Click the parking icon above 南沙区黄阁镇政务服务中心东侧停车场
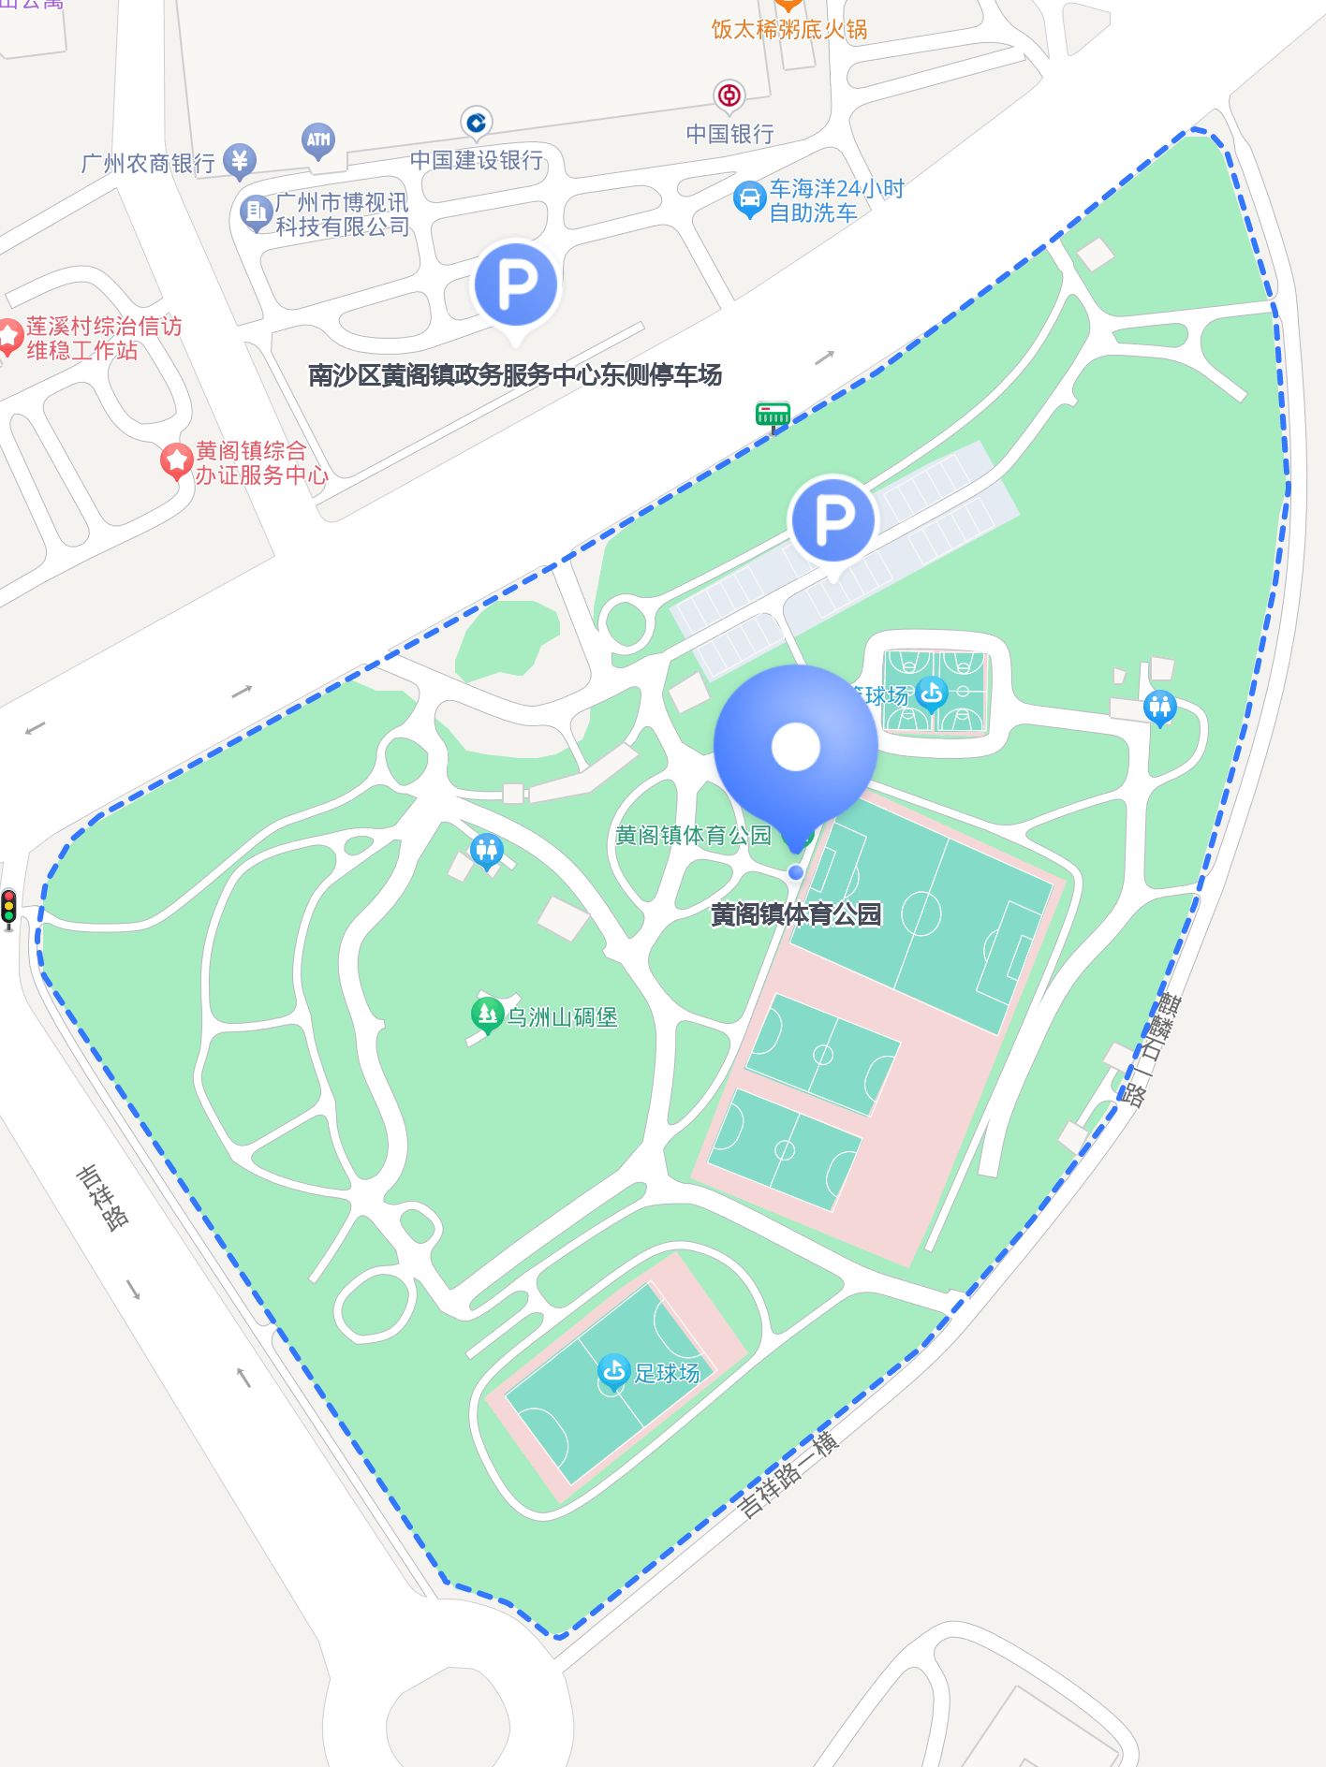point(515,285)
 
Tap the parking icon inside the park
point(832,519)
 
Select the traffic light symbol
point(9,907)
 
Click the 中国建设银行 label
point(477,160)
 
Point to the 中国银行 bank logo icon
point(729,95)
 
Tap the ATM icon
point(318,141)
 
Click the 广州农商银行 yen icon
point(240,161)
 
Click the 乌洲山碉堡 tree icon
point(486,1015)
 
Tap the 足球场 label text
point(667,1373)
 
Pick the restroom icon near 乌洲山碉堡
point(486,851)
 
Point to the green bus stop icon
point(773,414)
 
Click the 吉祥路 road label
point(103,1197)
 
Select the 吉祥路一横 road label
point(788,1475)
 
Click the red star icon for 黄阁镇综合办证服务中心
point(175,461)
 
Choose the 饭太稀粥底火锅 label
point(788,29)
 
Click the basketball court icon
point(931,694)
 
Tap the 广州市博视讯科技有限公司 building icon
point(255,212)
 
